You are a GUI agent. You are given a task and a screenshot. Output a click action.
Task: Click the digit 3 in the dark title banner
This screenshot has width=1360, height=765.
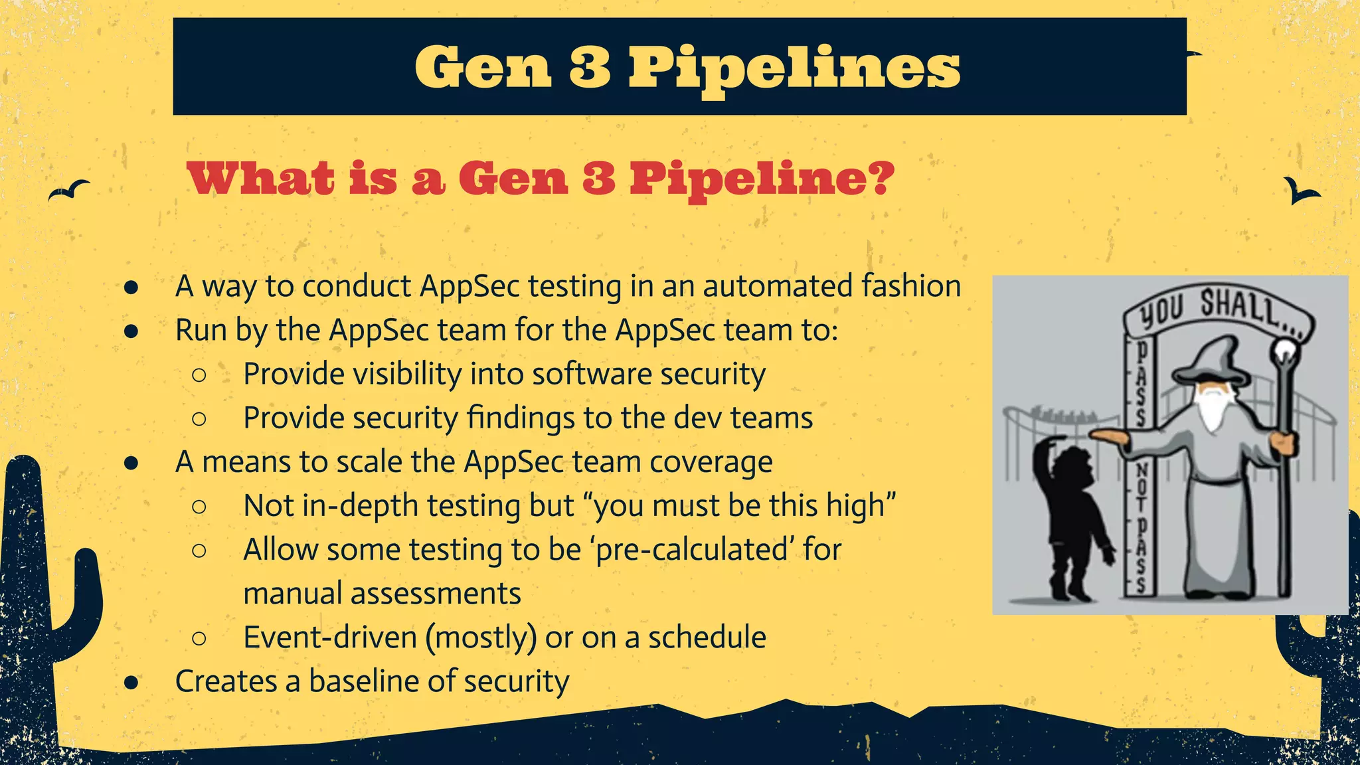590,67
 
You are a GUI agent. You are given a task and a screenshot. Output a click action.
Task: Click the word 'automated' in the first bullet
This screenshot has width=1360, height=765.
778,286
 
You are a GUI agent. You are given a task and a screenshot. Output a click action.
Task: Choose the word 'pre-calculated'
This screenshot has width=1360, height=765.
691,549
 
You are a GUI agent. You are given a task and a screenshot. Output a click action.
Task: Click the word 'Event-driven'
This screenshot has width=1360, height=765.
329,637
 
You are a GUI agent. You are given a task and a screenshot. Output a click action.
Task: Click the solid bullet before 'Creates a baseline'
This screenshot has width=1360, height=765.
131,682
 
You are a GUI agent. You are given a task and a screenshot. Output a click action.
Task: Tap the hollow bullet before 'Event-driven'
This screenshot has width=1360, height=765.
199,638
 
